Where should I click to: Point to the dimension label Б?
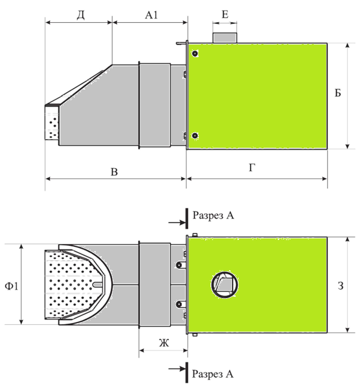[338, 93]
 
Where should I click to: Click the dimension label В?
[114, 172]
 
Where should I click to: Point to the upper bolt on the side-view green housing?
[195, 54]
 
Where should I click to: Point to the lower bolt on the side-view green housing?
[195, 136]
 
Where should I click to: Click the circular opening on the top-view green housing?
[224, 286]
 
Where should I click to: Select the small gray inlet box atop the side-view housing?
[225, 38]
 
